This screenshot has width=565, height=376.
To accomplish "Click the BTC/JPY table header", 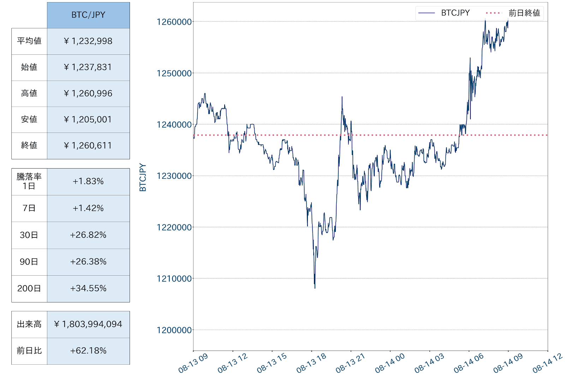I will [x=88, y=15].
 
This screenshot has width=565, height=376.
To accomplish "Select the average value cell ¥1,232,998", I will [x=88, y=41].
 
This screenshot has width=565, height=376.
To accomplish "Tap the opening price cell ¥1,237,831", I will [x=88, y=67].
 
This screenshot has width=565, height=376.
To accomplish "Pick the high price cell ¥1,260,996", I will [x=88, y=93].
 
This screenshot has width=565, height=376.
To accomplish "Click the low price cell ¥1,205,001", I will [x=88, y=119].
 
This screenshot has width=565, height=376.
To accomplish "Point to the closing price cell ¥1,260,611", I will [x=88, y=146].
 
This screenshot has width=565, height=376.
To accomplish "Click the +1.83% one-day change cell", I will [x=88, y=181].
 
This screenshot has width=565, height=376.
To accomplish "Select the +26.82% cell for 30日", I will [x=88, y=235].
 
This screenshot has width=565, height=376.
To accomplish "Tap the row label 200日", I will [x=29, y=288].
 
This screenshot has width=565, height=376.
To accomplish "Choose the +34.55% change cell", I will [x=88, y=288].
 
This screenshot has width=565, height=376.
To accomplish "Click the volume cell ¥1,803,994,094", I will [x=88, y=324].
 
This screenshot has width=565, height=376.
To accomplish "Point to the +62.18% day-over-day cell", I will [x=88, y=351].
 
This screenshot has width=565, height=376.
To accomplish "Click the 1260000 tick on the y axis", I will [x=174, y=22].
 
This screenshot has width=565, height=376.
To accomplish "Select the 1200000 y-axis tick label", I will [x=174, y=330].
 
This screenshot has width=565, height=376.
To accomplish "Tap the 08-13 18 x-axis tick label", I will [x=311, y=363].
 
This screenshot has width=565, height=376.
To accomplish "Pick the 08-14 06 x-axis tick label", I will [x=468, y=363].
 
